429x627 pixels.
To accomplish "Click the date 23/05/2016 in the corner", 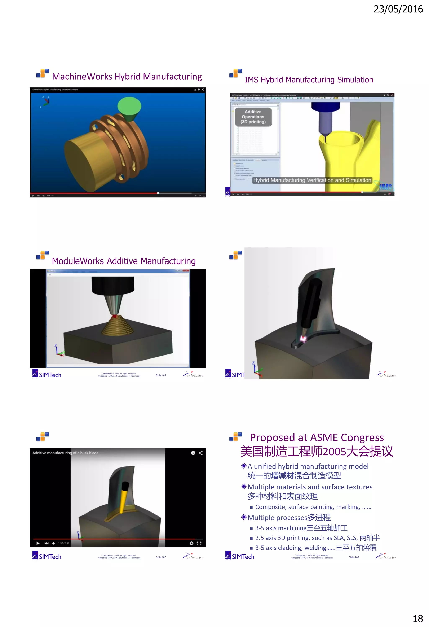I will coord(398,9).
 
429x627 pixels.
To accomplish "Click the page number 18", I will coord(418,618).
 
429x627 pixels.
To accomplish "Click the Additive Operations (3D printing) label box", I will coord(253,117).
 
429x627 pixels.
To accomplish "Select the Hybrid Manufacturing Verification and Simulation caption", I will coord(312,180).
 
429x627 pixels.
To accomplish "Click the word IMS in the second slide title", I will coord(251,80).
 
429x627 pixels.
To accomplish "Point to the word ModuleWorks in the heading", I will coord(78,261).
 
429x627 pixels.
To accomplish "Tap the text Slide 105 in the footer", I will coord(161,375).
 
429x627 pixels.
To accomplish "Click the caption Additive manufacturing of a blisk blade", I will coord(65,453).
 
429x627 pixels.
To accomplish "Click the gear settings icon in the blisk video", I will coord(191,543).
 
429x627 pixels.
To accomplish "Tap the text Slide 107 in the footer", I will coord(161,557).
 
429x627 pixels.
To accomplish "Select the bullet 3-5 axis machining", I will coord(301,528).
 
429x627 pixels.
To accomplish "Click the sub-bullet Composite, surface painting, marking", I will coord(313,507).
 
